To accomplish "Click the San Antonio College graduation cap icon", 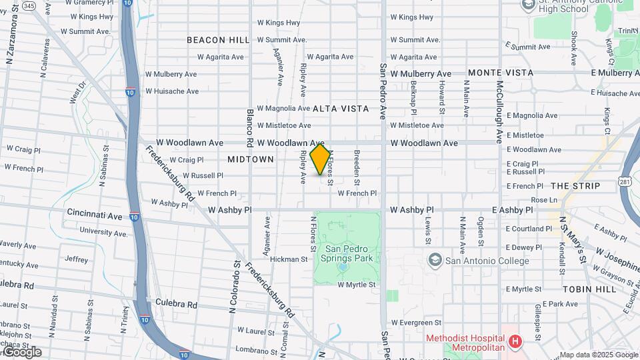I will tap(435, 260).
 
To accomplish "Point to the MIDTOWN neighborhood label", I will tap(251, 159).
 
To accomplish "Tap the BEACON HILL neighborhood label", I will tap(218, 40).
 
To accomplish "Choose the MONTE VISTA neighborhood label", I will tap(501, 72).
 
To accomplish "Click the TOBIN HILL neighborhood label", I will tap(587, 289).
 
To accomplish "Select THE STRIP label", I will tap(576, 186).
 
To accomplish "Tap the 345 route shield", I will tap(29, 6).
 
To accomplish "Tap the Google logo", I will tap(21, 351).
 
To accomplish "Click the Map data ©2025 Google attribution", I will tap(599, 355).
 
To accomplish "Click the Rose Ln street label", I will tap(544, 200).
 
